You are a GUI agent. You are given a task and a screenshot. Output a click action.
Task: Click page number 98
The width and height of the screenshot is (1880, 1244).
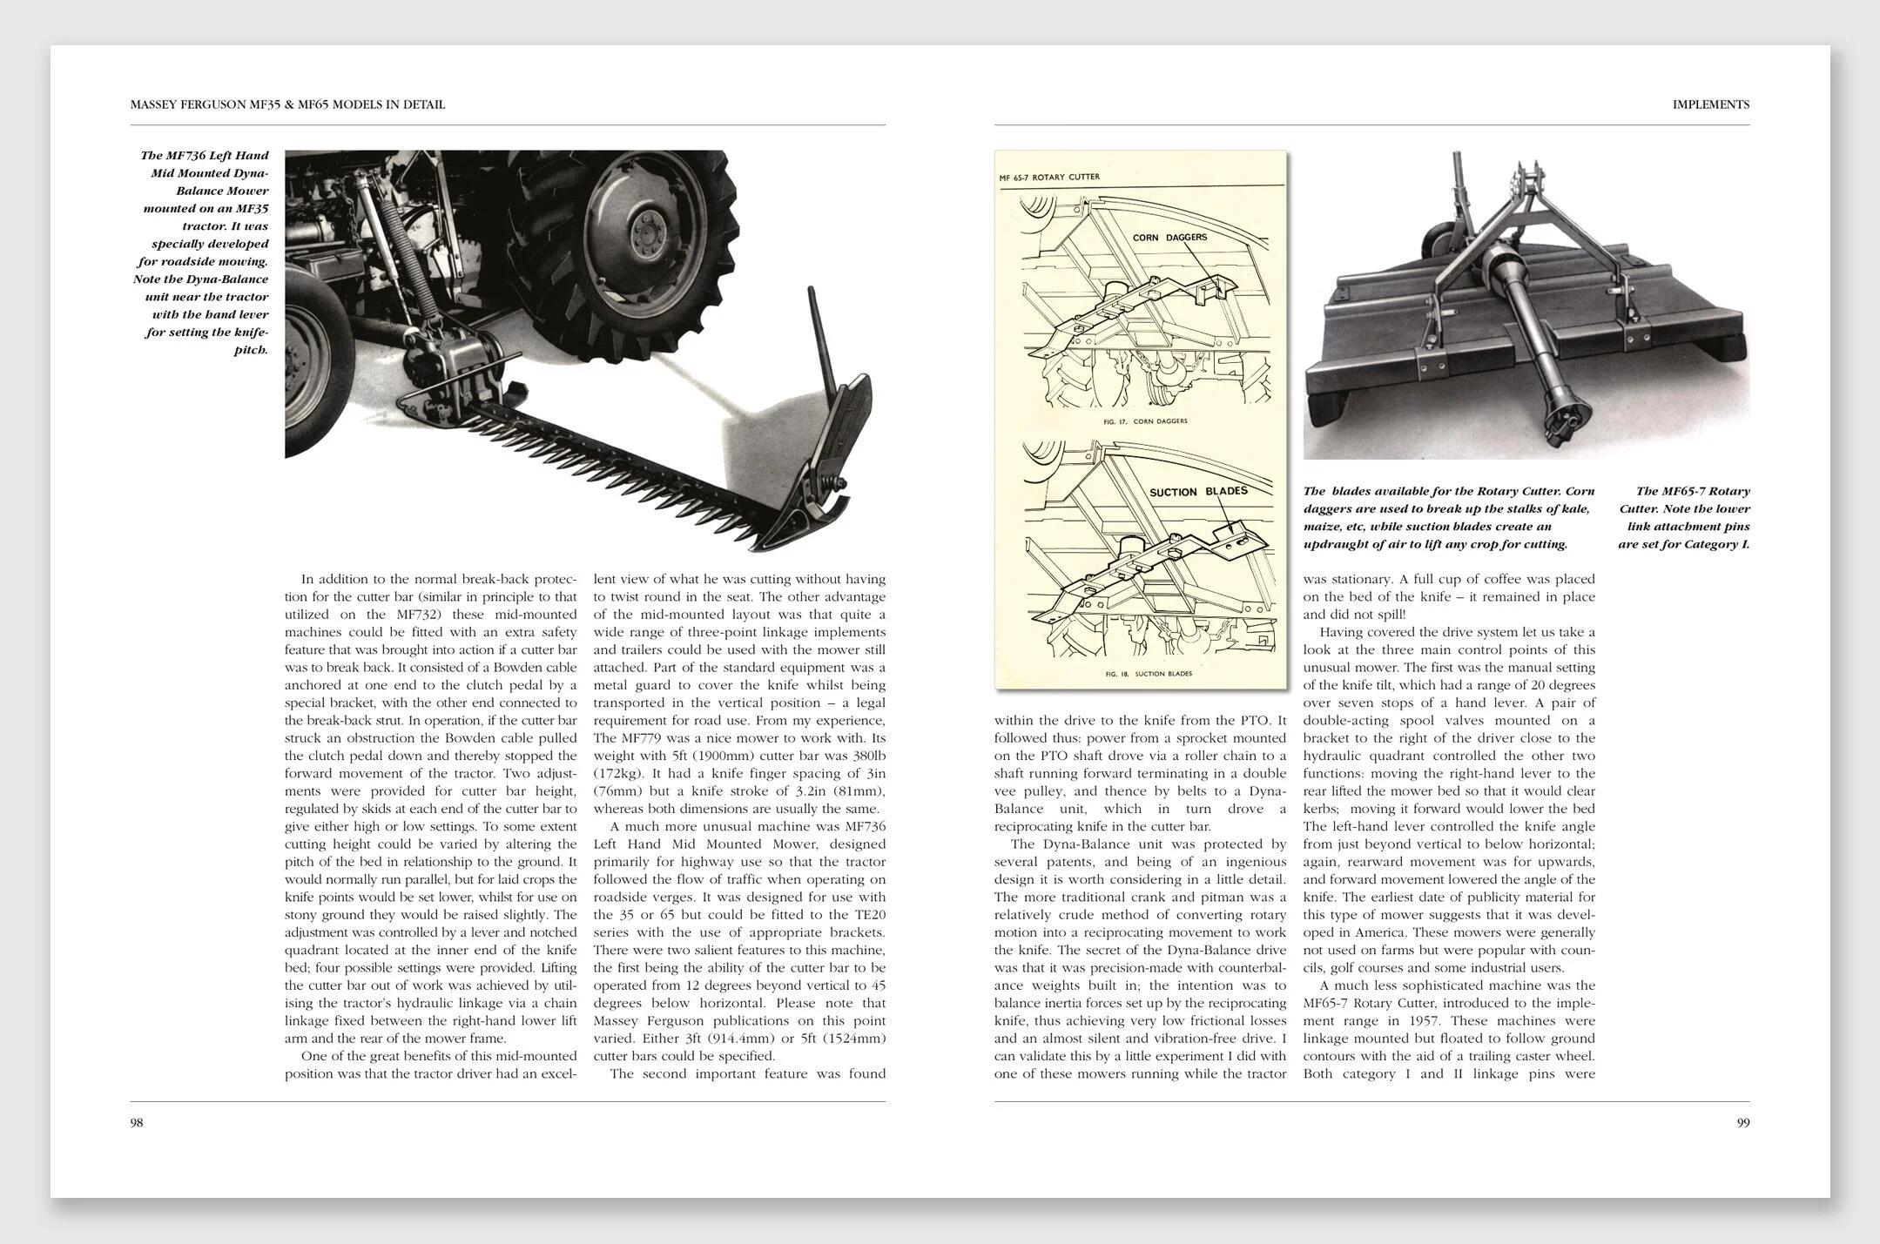tap(137, 1123)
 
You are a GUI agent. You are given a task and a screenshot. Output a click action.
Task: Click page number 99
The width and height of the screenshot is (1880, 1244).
tap(1743, 1123)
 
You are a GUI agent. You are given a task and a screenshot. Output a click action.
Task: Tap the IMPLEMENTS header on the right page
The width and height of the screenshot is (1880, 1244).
tap(1710, 104)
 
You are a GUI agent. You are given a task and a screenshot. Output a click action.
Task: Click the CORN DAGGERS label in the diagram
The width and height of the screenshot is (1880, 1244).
tap(1169, 237)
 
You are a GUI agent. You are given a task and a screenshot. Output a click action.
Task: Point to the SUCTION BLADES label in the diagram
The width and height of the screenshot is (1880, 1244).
tap(1198, 491)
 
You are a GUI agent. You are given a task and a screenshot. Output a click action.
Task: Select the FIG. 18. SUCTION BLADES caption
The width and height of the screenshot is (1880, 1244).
tap(1149, 674)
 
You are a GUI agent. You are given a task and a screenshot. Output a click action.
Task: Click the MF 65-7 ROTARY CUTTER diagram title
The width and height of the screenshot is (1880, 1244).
tap(1049, 178)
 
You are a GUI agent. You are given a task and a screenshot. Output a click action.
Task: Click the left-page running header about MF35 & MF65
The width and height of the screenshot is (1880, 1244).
tap(287, 104)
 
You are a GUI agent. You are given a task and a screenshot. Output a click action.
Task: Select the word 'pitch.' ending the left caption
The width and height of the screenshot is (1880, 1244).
tap(251, 350)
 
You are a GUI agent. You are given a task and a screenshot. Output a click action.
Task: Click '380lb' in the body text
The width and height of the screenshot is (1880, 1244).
tap(864, 756)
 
